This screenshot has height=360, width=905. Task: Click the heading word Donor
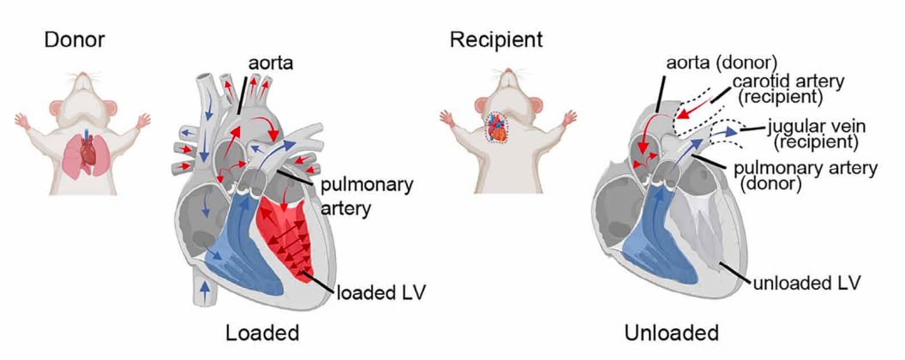click(75, 40)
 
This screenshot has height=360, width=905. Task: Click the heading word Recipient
click(496, 40)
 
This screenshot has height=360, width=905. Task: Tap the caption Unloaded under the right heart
click(671, 333)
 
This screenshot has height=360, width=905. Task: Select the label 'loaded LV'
click(381, 292)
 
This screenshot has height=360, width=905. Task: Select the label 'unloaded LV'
click(807, 283)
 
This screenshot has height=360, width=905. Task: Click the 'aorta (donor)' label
click(722, 63)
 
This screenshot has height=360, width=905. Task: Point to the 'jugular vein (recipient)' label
click(808, 134)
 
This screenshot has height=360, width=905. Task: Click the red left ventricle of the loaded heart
click(285, 236)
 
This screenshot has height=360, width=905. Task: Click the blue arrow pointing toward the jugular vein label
click(726, 132)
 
